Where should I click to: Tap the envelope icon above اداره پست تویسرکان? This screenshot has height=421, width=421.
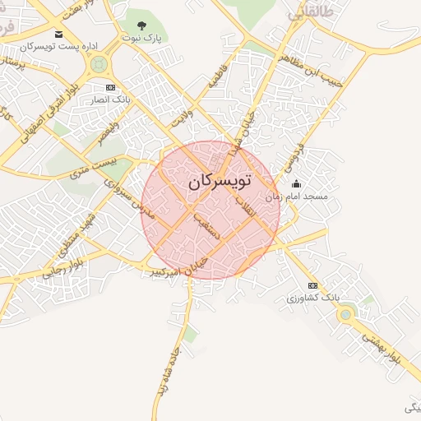58,34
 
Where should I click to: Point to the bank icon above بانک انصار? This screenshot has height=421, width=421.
111,87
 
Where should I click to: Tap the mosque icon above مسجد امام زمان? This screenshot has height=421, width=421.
296,184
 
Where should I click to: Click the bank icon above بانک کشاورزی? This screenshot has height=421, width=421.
312,285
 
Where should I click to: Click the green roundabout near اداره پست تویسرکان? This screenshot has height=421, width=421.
99,63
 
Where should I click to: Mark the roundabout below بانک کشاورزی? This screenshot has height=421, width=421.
346,313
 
